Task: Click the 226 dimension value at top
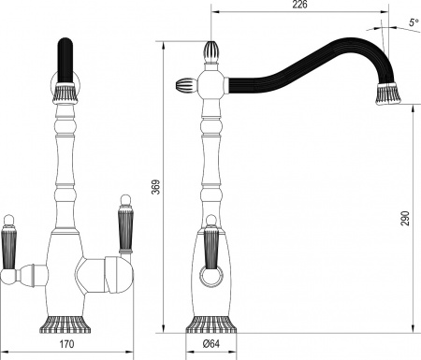click(300, 6)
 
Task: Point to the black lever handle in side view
click(212, 249)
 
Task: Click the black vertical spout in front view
click(65, 61)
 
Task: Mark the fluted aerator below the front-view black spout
click(65, 93)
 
